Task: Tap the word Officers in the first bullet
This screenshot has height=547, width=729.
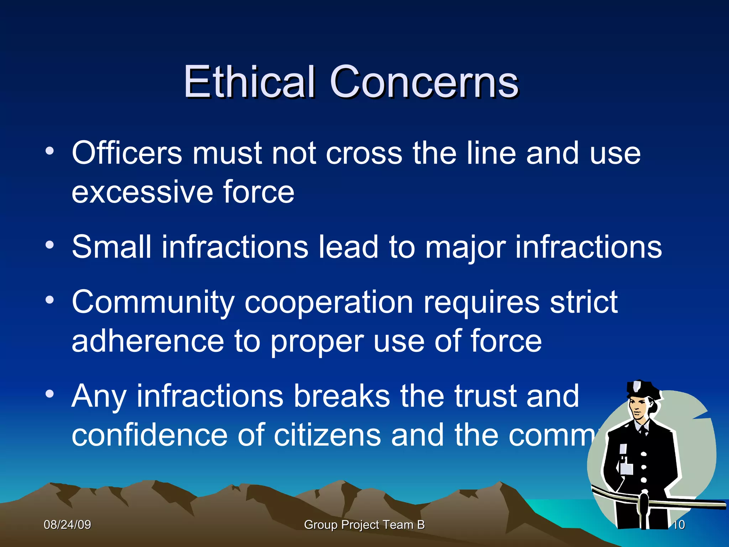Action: pos(127,153)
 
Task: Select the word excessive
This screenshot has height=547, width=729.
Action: pos(142,193)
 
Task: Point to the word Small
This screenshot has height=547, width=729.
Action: pos(112,247)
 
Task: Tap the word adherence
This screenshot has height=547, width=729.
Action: pos(148,342)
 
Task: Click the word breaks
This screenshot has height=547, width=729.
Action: pos(342,396)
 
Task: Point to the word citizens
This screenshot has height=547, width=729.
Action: pos(327,435)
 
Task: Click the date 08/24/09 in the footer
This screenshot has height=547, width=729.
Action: pos(67,525)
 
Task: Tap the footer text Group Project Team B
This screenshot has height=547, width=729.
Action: pos(364,525)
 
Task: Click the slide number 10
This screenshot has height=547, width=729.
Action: pos(679,525)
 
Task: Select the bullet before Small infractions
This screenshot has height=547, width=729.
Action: pos(50,245)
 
